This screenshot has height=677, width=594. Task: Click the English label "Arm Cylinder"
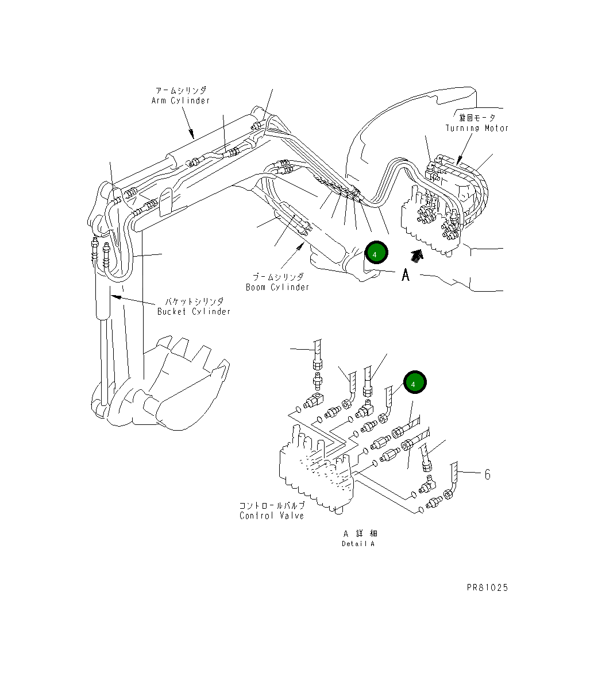pos(180,100)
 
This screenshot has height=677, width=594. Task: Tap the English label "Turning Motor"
pos(477,128)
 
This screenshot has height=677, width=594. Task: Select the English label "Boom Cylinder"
pos(277,287)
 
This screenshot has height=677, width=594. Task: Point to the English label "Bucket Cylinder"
pos(194,311)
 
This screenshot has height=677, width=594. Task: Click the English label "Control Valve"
pos(271,516)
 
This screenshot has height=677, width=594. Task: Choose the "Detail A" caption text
pos(358,544)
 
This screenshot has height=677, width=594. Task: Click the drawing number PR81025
pos(487,587)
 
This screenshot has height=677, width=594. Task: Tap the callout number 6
pos(487,474)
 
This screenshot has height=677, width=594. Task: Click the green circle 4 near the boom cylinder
pos(375,253)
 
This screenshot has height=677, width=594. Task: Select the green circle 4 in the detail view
pos(415,382)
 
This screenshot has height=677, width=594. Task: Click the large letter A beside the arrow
pos(406,276)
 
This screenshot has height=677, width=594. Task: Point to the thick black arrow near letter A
pos(419,254)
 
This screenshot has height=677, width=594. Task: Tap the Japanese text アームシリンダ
pos(181,91)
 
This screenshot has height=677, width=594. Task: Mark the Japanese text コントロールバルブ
pos(272,506)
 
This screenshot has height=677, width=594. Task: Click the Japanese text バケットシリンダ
pos(195,301)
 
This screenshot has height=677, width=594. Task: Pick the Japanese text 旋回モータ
pos(477,118)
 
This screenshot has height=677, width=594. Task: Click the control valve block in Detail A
pos(316,471)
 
